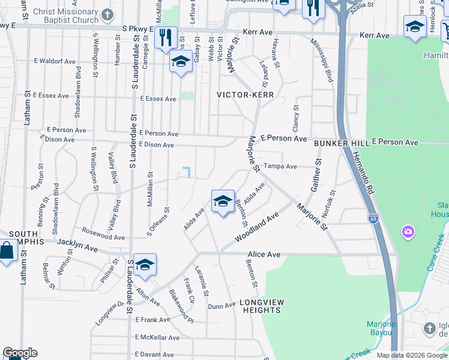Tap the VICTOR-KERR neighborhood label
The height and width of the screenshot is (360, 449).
246,95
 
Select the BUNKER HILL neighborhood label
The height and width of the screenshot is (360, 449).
339,143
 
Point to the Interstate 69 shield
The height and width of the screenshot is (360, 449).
373,218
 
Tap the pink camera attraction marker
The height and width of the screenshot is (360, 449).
408,231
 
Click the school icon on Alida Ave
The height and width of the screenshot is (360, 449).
223,202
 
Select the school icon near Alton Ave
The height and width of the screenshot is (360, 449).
145,265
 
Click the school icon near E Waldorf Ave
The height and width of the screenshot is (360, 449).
181,61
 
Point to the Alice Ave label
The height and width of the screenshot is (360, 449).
264,254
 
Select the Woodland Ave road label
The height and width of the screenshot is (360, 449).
257,227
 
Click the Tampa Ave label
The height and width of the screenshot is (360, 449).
281,166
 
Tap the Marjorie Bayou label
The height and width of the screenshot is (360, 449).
381,328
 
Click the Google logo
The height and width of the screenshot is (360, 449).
20,353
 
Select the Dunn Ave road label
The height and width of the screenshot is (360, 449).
221,305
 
